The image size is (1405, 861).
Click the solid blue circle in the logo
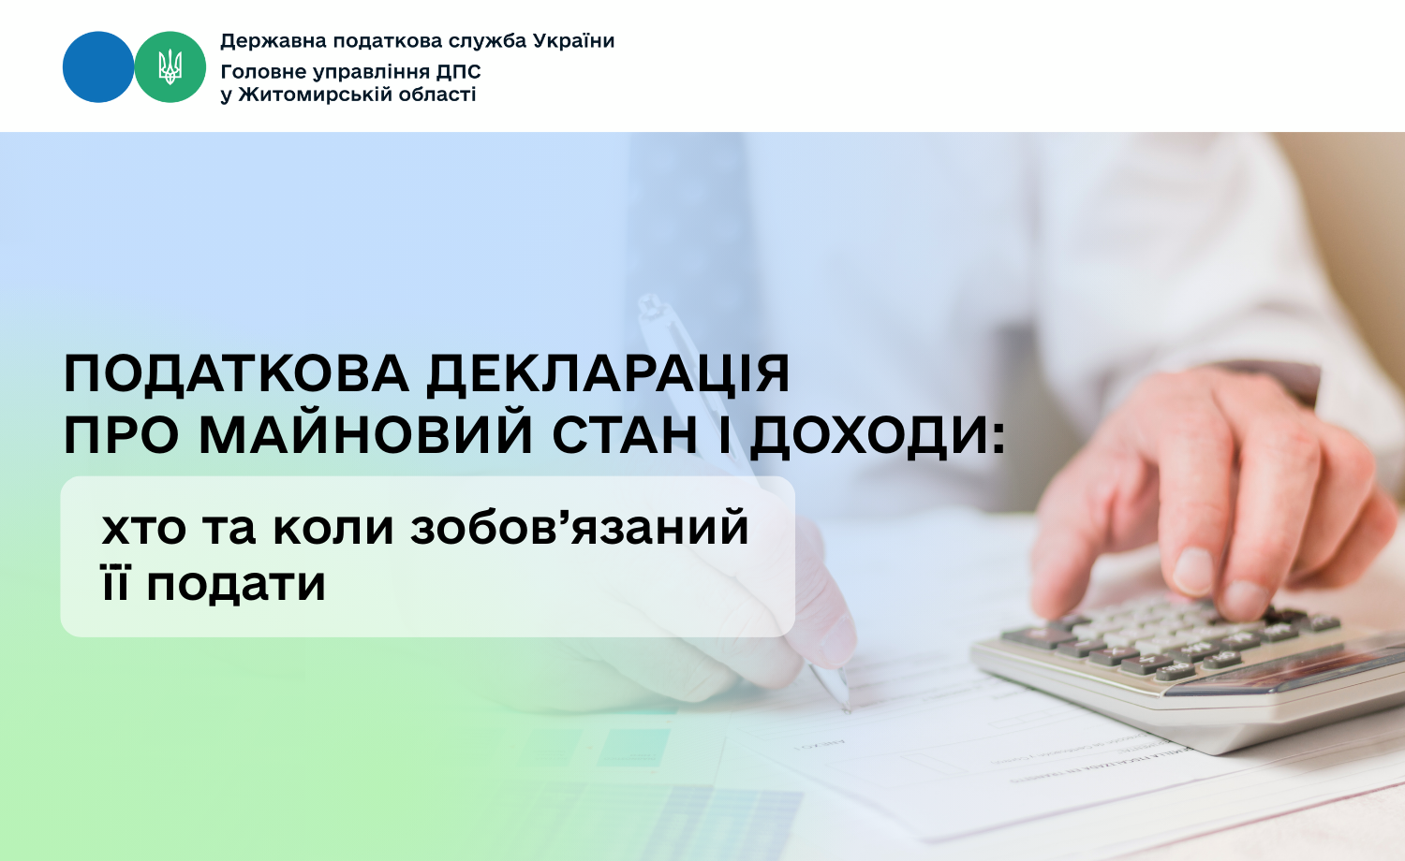pos(98,67)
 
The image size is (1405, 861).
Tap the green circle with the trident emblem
pos(170,67)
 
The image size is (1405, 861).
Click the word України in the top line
pos(573,41)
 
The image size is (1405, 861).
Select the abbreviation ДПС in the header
pos(459,72)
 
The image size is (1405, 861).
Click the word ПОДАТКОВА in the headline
pos(236,374)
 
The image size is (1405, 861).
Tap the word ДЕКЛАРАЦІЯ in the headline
pos(608,374)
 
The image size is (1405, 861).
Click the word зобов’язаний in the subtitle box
pos(580,527)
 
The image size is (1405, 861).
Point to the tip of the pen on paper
pos(848,711)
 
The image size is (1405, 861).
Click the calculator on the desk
pos(1186,670)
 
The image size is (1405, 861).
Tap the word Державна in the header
pos(274,41)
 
